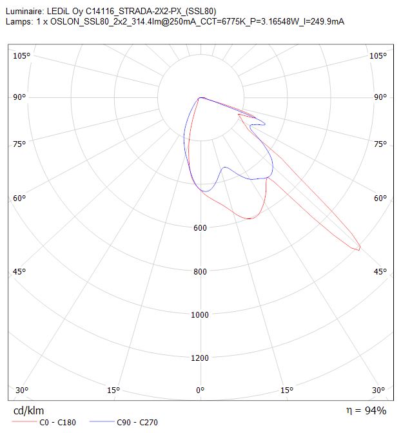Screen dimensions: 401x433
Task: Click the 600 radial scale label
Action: pyautogui.click(x=200, y=228)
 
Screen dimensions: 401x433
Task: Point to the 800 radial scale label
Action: pyautogui.click(x=200, y=271)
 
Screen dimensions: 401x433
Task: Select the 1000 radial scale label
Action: pyautogui.click(x=199, y=315)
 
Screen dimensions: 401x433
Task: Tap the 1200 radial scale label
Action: pyautogui.click(x=199, y=358)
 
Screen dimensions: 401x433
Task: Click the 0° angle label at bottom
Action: pyautogui.click(x=200, y=390)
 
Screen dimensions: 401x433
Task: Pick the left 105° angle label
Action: pyautogui.click(x=21, y=56)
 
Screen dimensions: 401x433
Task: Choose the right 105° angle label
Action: pyautogui.click(x=378, y=56)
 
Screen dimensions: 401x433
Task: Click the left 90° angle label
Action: pyautogui.click(x=19, y=97)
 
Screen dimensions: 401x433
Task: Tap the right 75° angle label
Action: pyautogui.click(x=380, y=144)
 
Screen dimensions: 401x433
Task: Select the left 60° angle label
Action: pyautogui.click(x=19, y=198)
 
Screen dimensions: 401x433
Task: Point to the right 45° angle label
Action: pyautogui.click(x=380, y=272)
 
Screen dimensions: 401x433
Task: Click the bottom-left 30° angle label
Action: pyautogui.click(x=22, y=390)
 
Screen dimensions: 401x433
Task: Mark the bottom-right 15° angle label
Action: pyautogui.click(x=287, y=390)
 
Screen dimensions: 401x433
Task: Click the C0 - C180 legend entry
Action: pyautogui.click(x=44, y=422)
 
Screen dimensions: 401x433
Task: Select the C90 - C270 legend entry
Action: pyautogui.click(x=124, y=422)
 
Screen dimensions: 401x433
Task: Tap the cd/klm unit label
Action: pyautogui.click(x=28, y=410)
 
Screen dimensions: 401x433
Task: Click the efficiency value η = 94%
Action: pyautogui.click(x=366, y=410)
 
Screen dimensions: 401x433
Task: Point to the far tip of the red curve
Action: pyautogui.click(x=359, y=250)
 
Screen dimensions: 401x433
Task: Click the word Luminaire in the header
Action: pyautogui.click(x=24, y=12)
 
